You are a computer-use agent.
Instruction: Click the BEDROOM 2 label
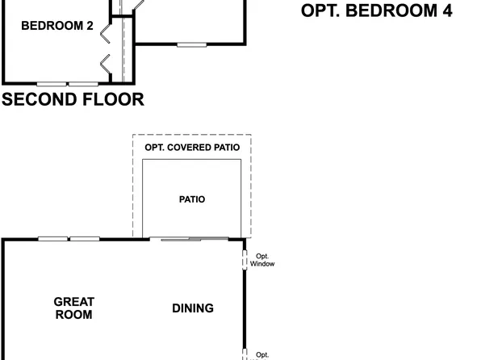(56, 26)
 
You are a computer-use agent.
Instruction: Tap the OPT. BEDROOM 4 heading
(376, 10)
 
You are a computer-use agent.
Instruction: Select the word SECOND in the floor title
(40, 100)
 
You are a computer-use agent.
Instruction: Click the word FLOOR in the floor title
(114, 100)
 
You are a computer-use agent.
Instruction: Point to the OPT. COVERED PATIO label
(192, 147)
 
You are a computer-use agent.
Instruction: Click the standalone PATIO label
(192, 199)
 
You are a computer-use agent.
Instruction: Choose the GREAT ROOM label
(74, 308)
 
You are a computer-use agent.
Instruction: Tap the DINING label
(193, 308)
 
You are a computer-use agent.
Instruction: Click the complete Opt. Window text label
(262, 260)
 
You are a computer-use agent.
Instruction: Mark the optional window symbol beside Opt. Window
(245, 260)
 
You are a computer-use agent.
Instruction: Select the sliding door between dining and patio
(194, 239)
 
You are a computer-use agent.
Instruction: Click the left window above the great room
(52, 239)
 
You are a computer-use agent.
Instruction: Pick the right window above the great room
(84, 239)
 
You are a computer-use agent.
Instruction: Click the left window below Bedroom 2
(51, 83)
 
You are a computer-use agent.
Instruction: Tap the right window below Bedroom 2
(82, 83)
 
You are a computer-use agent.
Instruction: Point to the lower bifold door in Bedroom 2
(104, 62)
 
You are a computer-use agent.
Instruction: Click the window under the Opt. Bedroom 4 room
(190, 45)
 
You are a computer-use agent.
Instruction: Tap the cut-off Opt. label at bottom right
(262, 354)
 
